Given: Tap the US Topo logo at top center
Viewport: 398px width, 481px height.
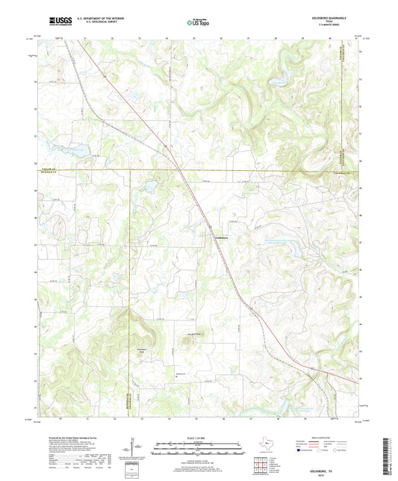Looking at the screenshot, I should (x=198, y=23).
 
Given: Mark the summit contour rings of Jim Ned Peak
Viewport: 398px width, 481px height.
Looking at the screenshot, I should (x=184, y=344).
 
